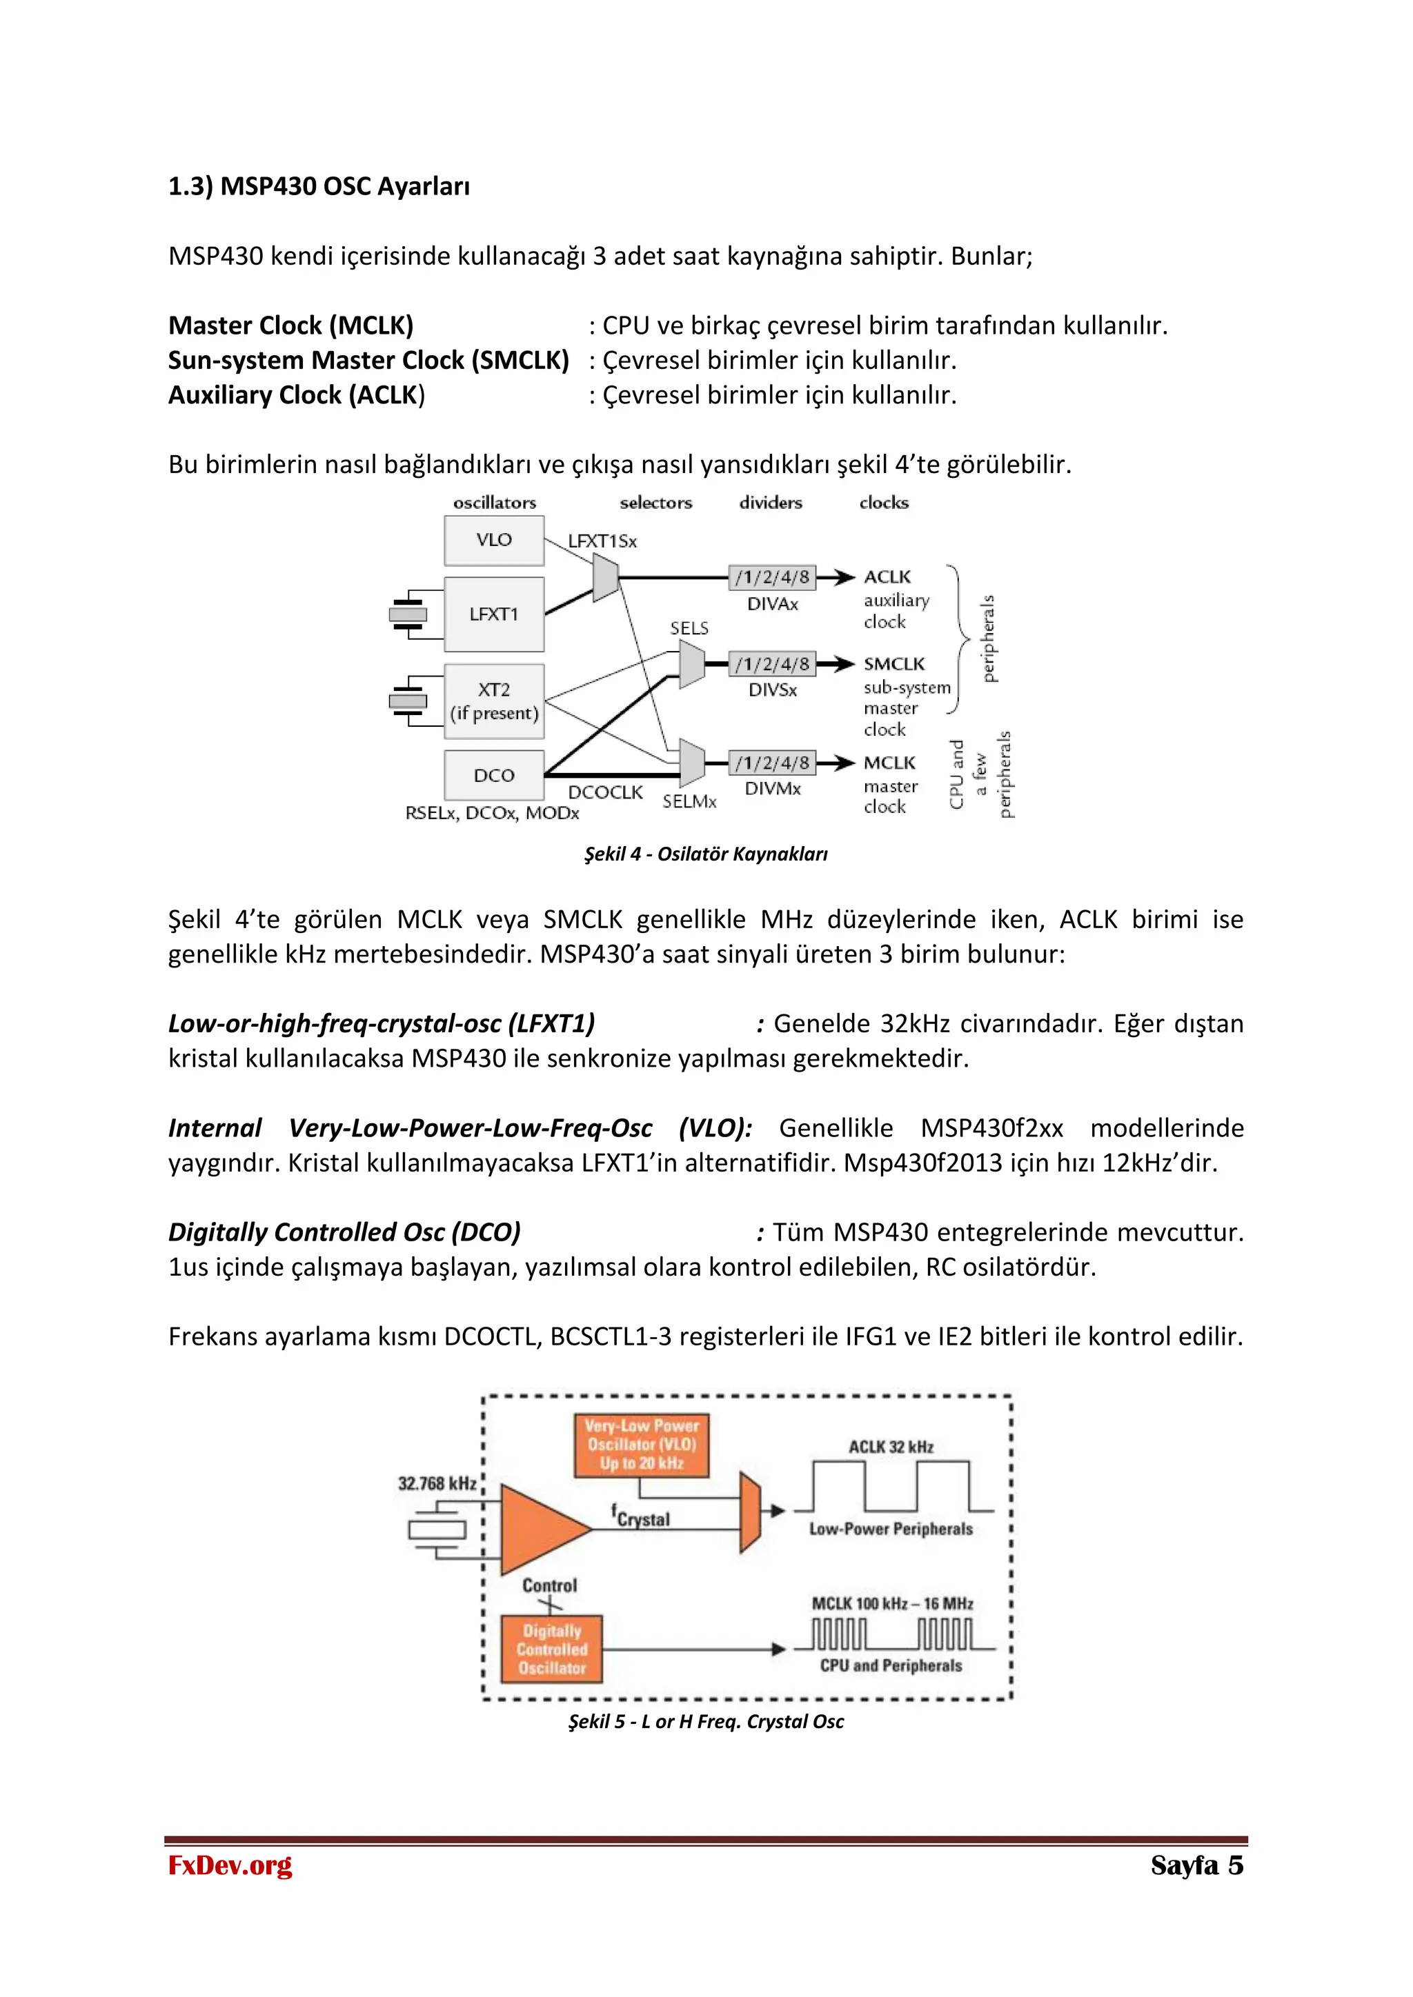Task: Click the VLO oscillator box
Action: (x=493, y=540)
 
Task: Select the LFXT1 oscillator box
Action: (x=493, y=614)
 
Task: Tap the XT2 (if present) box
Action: (x=493, y=701)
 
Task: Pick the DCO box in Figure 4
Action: (x=493, y=775)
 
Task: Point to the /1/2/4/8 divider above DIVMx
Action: (x=772, y=763)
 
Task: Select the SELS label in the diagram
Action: (x=689, y=628)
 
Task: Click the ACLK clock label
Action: (x=887, y=576)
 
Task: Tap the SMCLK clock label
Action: (x=893, y=663)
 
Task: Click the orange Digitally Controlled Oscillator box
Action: (x=552, y=1649)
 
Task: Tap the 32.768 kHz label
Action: (x=437, y=1483)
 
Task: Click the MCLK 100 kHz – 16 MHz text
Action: (x=892, y=1603)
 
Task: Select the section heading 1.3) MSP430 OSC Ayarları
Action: (x=319, y=186)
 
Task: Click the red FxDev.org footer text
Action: (x=230, y=1865)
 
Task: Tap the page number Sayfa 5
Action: (x=1196, y=1865)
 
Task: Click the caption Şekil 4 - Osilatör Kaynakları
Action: (x=706, y=854)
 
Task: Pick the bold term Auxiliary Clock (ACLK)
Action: (x=296, y=395)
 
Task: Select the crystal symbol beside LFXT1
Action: (x=407, y=614)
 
